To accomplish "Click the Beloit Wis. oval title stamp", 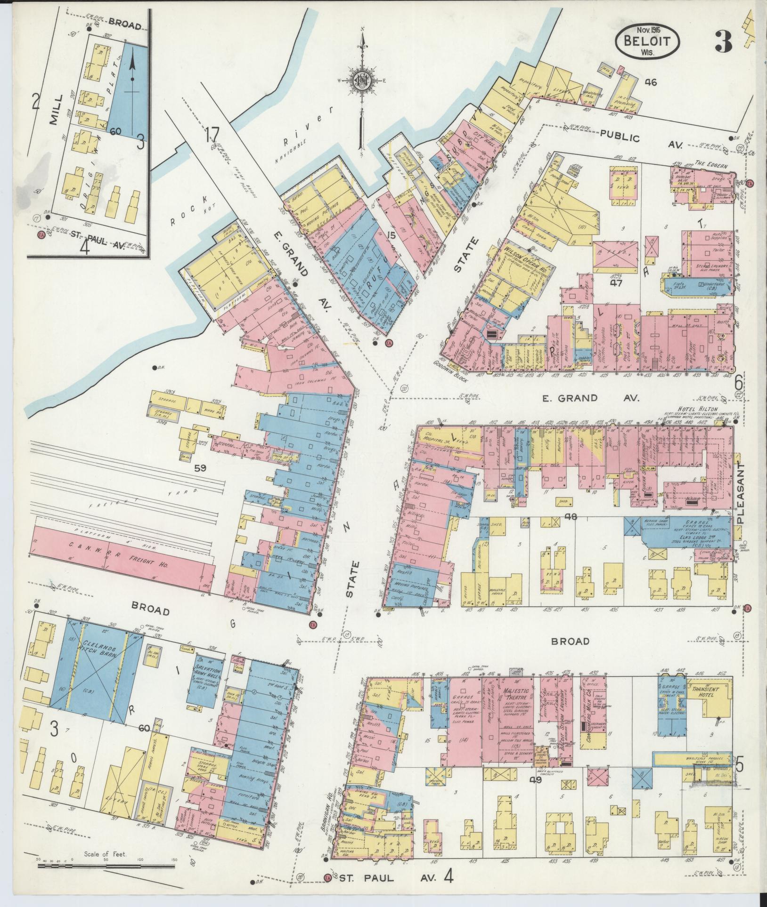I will (x=647, y=41).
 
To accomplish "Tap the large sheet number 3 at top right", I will (x=723, y=43).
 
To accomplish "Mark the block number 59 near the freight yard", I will (x=202, y=469).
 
